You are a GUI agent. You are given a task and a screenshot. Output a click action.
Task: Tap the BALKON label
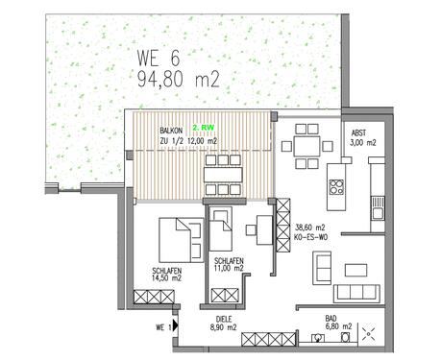[173, 128]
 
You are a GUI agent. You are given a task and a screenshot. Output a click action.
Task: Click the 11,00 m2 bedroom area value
[229, 271]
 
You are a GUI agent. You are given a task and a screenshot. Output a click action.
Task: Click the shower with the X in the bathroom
[369, 335]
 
